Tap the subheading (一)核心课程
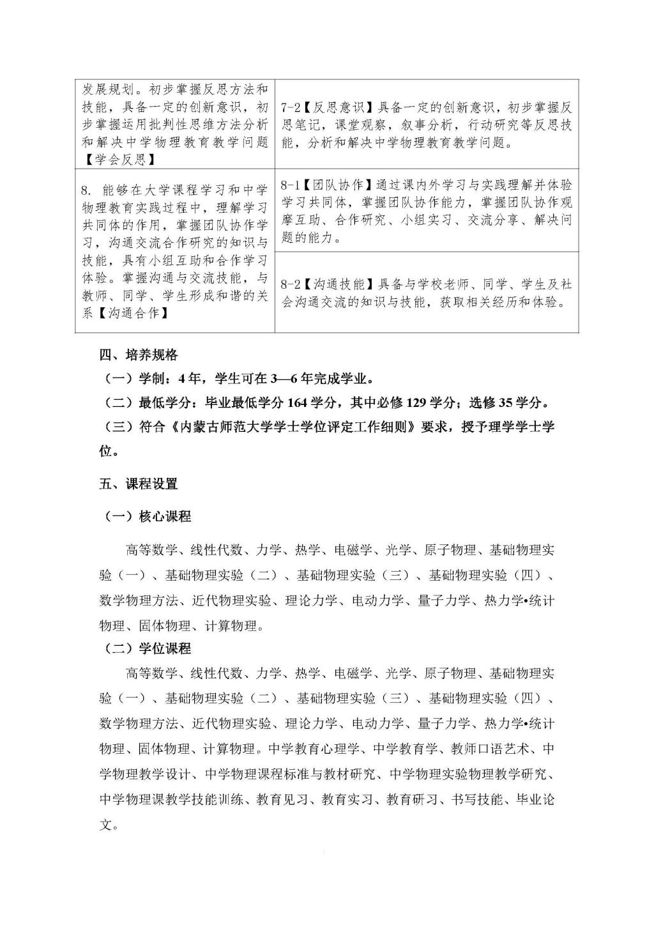pyautogui.click(x=147, y=516)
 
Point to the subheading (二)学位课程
pyautogui.click(x=147, y=648)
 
